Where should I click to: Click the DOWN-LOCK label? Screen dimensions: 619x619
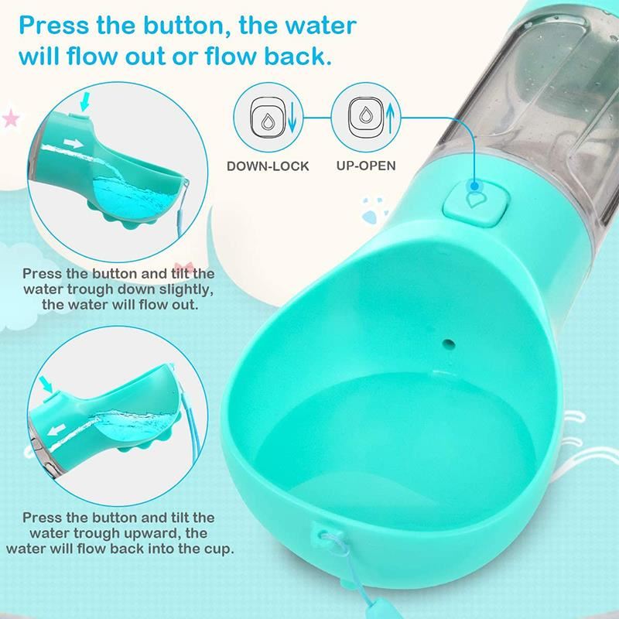(268, 166)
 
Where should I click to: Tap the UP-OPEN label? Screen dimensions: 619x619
(366, 166)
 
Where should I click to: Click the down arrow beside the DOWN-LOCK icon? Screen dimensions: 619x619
(292, 118)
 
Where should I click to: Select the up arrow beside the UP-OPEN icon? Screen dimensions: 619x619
(390, 118)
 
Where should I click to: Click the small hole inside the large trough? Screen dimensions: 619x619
(449, 344)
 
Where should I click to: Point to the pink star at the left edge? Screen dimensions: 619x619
(11, 118)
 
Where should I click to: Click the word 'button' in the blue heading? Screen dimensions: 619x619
(186, 26)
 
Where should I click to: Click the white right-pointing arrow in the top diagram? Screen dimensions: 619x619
(74, 143)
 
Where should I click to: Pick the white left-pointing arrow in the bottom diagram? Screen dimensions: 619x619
(56, 429)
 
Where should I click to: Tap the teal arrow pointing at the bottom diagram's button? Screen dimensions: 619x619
(46, 385)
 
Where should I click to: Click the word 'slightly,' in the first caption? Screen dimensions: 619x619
(186, 289)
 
